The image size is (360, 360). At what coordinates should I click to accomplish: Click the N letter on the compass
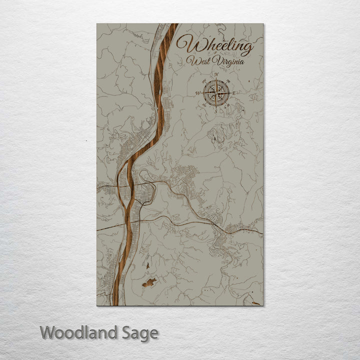(x=216, y=75)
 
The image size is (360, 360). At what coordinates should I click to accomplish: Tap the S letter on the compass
(x=216, y=110)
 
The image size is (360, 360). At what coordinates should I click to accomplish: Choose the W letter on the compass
(x=198, y=93)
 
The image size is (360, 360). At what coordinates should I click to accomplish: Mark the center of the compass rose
(x=216, y=93)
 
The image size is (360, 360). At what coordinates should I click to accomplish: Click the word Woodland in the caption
(x=78, y=332)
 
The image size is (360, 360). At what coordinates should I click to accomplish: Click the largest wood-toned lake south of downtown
(x=148, y=283)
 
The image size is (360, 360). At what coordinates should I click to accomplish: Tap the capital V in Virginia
(x=216, y=61)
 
